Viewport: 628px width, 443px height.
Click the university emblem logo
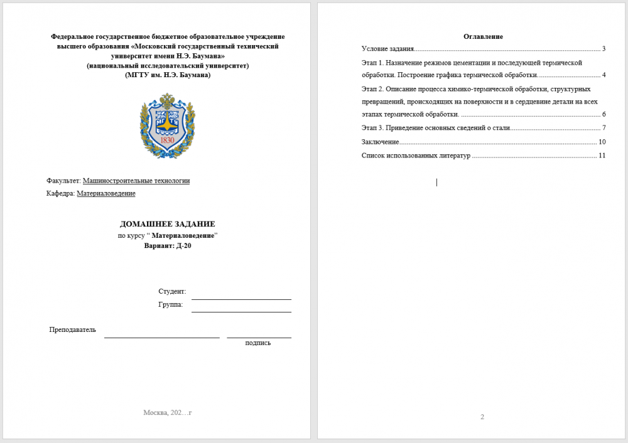pos(168,125)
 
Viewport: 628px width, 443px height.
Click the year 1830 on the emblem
pos(168,140)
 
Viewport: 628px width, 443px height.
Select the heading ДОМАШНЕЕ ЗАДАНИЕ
pos(168,224)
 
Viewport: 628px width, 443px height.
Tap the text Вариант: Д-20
pos(168,245)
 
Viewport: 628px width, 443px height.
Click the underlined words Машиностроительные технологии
pos(136,181)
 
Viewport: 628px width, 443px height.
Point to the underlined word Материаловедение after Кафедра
pos(106,193)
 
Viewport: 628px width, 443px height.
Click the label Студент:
pos(172,292)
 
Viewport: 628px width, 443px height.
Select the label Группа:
pos(171,304)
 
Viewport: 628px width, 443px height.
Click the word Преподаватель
pos(73,329)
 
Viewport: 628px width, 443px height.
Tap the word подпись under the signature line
pos(258,343)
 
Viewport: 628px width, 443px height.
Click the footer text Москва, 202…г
pos(167,412)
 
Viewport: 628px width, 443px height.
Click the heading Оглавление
pos(483,36)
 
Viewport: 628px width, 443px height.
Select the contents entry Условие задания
pos(387,48)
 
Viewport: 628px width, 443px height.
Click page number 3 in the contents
pos(603,48)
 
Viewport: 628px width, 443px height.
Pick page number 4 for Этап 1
pos(603,75)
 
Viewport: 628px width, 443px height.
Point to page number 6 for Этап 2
pos(603,114)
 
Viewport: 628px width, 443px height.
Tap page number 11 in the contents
pos(602,155)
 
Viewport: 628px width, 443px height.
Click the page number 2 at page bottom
pos(482,417)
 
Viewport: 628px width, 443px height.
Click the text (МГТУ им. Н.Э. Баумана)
pos(168,75)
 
